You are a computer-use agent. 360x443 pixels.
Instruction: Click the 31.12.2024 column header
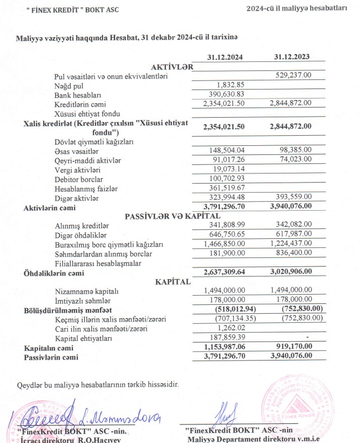click(x=225, y=57)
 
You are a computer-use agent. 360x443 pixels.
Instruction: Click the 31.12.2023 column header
click(x=292, y=57)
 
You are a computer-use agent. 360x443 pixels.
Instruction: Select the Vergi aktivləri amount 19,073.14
click(x=228, y=169)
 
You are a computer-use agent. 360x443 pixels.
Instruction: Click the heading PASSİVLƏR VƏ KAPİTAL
click(x=158, y=217)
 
